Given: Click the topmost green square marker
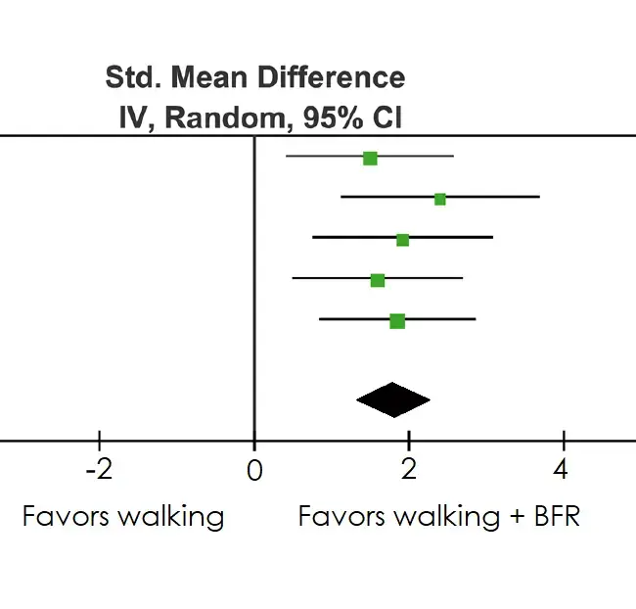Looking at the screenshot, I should pyautogui.click(x=370, y=158).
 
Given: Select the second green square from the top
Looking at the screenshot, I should pyautogui.click(x=440, y=199).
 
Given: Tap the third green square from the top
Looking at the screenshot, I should pyautogui.click(x=402, y=240).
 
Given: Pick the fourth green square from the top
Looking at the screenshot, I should pyautogui.click(x=378, y=281).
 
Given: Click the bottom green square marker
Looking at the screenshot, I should pyautogui.click(x=397, y=321).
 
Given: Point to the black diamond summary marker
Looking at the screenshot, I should pyautogui.click(x=393, y=398).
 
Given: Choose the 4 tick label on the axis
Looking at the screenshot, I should pyautogui.click(x=561, y=469).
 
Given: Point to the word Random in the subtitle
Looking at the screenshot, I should pyautogui.click(x=206, y=117).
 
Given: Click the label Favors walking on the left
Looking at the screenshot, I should pyautogui.click(x=123, y=516).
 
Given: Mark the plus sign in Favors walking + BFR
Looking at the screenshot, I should pyautogui.click(x=517, y=517).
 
